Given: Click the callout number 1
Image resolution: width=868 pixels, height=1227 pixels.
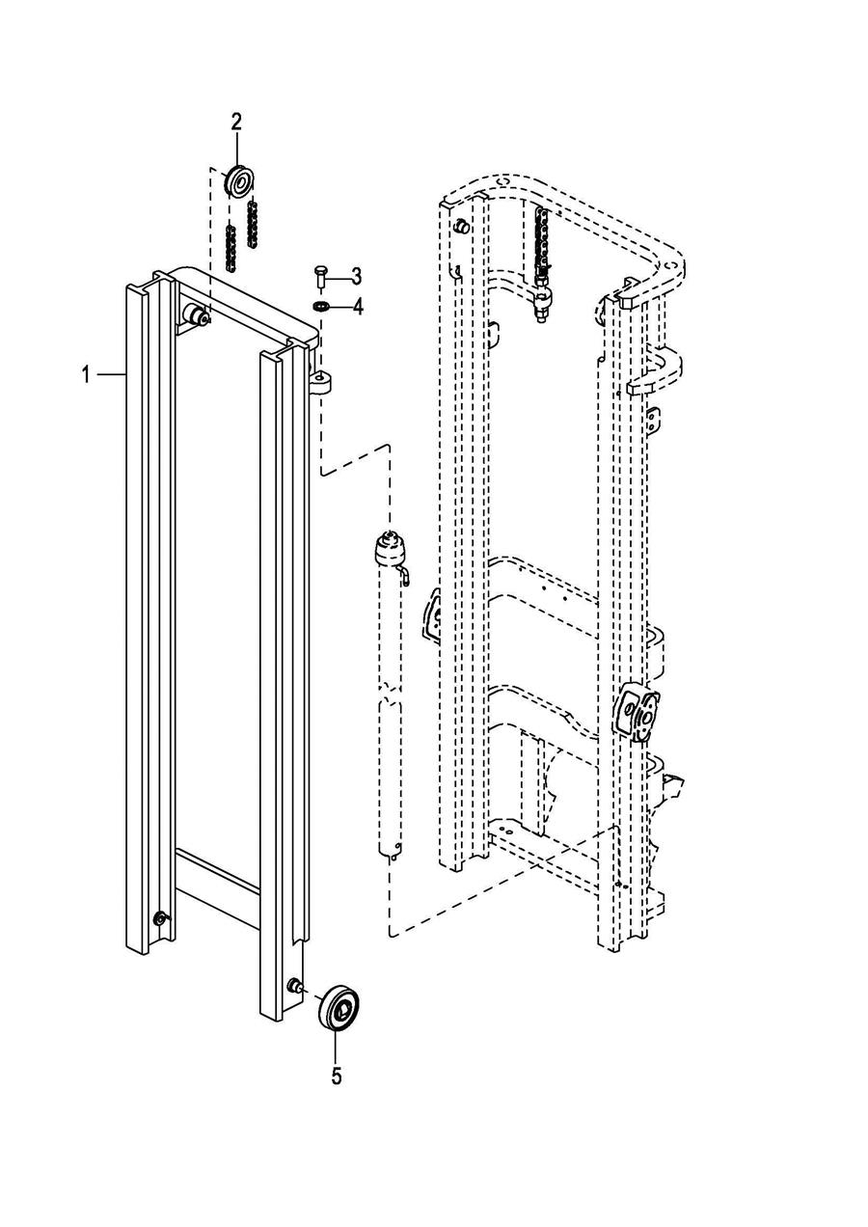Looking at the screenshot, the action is [86, 375].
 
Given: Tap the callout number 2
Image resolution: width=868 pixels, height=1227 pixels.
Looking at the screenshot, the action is [236, 122].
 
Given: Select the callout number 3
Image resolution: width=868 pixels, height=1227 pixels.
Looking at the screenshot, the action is [356, 277].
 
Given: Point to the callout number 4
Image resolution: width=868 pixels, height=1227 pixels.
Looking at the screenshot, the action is [358, 307].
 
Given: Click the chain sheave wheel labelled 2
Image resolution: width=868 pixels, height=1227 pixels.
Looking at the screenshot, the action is [239, 181].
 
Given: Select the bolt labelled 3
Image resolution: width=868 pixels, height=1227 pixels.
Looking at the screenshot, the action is [320, 276].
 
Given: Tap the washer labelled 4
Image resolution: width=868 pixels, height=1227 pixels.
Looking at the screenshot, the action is [320, 306].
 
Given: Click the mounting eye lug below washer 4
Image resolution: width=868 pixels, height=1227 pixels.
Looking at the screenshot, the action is [321, 382].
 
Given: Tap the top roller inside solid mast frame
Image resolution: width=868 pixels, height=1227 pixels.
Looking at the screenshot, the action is [196, 315].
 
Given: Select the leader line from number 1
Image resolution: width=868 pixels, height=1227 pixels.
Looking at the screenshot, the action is [112, 373].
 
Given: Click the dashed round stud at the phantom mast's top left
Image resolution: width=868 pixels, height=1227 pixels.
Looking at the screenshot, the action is [462, 226].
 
